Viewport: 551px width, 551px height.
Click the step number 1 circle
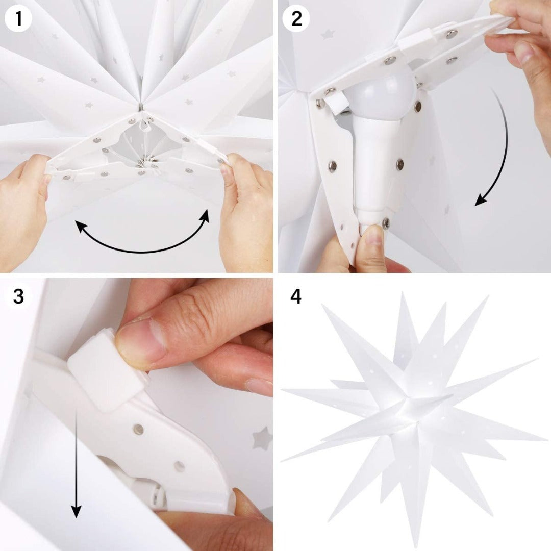click(x=18, y=19)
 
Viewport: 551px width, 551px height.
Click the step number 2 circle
click(x=296, y=19)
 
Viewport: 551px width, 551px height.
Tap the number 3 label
click(x=18, y=296)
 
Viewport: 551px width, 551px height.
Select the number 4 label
click(x=296, y=296)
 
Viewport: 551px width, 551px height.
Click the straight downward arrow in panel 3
click(x=76, y=459)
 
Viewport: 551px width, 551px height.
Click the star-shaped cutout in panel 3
click(x=262, y=438)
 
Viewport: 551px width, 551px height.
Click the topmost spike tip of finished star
click(x=403, y=295)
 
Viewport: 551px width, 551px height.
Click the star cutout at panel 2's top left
click(x=327, y=34)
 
